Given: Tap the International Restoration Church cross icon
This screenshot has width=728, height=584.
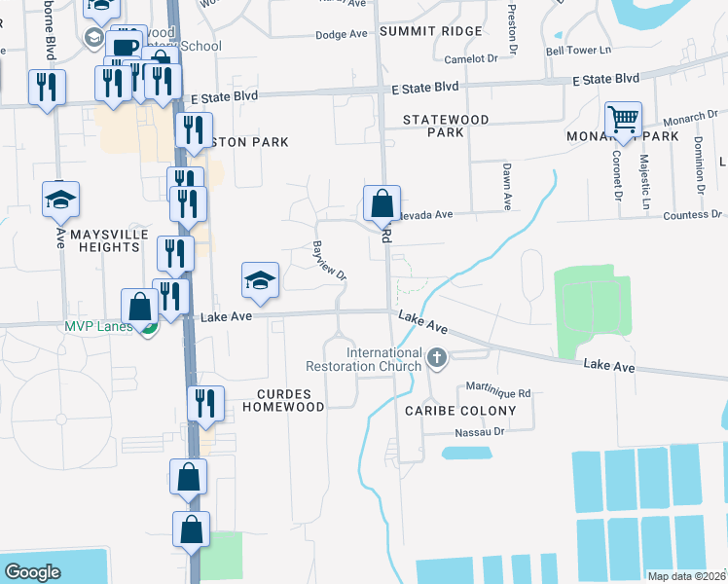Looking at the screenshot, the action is click(437, 359).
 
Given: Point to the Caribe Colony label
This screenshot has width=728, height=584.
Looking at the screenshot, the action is click(461, 411).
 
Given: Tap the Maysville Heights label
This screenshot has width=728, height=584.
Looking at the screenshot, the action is click(109, 240).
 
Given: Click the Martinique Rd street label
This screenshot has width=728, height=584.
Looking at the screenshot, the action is click(497, 393).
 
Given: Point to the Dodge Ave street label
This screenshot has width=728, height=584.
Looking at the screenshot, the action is click(341, 34).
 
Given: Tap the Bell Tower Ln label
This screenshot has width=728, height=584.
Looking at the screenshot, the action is click(578, 51).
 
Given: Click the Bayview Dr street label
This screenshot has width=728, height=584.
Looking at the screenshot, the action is click(329, 260).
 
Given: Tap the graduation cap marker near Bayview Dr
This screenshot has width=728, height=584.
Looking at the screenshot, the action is click(260, 280).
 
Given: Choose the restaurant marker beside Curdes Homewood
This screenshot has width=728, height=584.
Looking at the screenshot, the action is click(205, 402).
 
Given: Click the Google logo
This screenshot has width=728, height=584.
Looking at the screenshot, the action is click(32, 572).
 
